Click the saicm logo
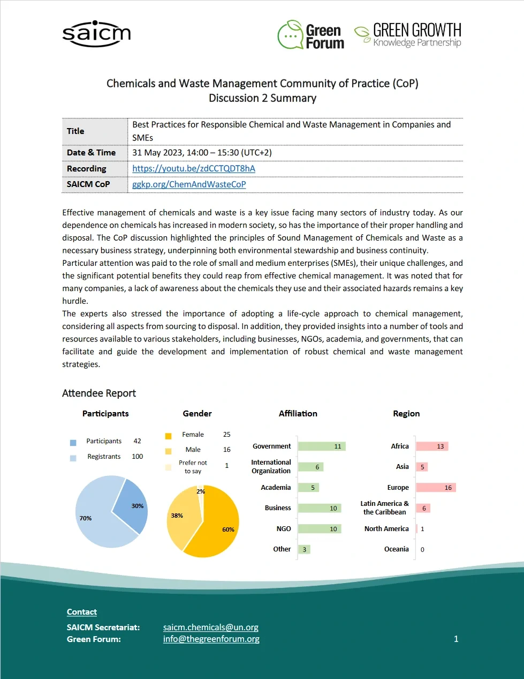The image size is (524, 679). point(96,34)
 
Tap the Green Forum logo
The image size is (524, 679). point(311,36)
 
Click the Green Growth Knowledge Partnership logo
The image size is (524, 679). point(408,35)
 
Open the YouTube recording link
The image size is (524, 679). point(193,168)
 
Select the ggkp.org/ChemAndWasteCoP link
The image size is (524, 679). point(189,184)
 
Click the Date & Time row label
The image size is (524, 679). point(91,153)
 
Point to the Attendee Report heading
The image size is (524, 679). point(99,393)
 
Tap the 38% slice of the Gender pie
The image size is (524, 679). point(182,517)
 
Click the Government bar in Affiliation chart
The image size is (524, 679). point(322,446)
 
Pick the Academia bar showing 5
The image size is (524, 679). point(308,488)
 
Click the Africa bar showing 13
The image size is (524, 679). point(431,446)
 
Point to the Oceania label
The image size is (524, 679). point(396,549)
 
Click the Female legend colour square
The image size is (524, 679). point(168,436)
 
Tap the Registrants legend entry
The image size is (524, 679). point(104,457)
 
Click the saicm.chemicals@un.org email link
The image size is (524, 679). point(210,627)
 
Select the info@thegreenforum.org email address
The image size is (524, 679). point(211,639)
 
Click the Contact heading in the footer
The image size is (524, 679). point(82,612)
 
